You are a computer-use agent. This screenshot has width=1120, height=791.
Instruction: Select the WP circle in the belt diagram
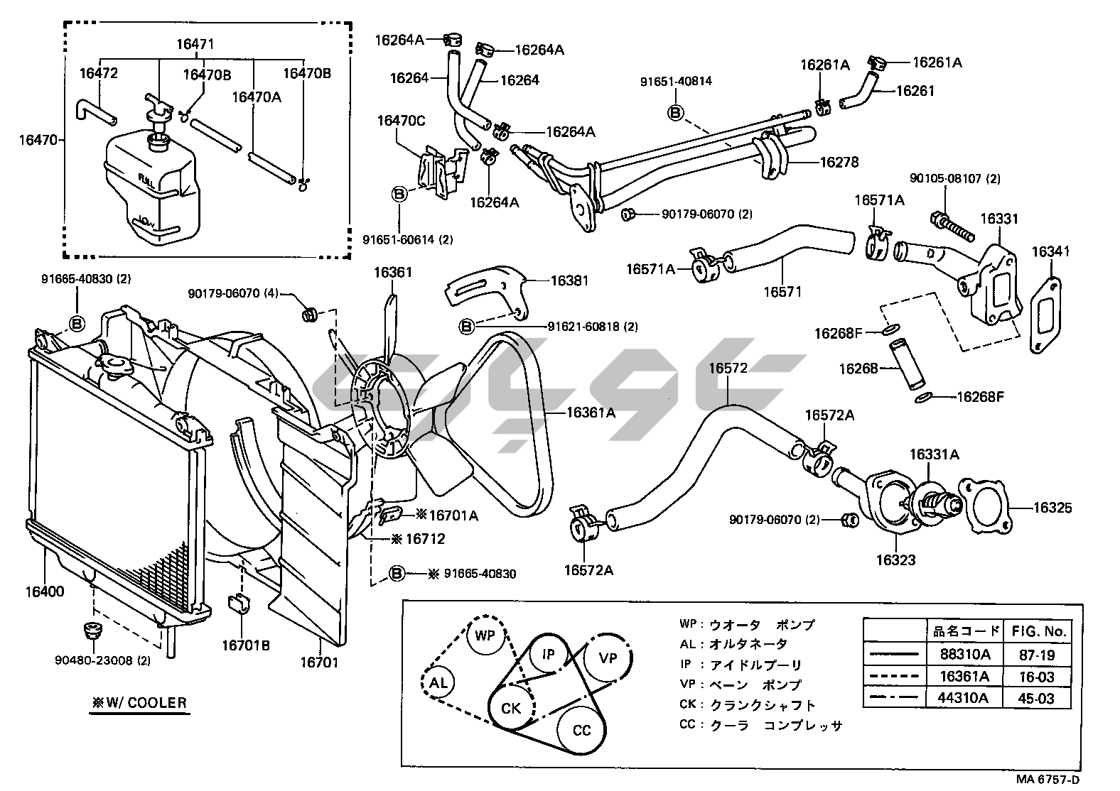[485, 635]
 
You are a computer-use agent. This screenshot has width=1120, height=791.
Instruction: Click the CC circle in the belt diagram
[581, 731]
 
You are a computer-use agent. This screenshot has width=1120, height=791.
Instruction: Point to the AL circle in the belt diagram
[438, 683]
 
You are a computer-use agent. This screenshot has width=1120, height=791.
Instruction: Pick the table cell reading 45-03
[1036, 698]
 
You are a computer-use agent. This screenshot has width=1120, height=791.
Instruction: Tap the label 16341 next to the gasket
[1050, 251]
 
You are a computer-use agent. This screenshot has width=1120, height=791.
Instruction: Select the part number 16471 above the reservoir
[195, 45]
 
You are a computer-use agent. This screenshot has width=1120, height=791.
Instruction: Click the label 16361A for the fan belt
[591, 413]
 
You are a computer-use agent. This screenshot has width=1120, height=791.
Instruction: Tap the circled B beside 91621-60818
[467, 326]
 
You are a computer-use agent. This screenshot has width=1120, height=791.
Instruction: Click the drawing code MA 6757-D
[1065, 779]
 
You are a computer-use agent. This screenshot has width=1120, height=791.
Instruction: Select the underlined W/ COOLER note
[139, 703]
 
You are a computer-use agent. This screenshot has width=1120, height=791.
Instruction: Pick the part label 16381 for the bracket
[570, 280]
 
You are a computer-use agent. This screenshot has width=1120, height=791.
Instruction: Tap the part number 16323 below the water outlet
[895, 560]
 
